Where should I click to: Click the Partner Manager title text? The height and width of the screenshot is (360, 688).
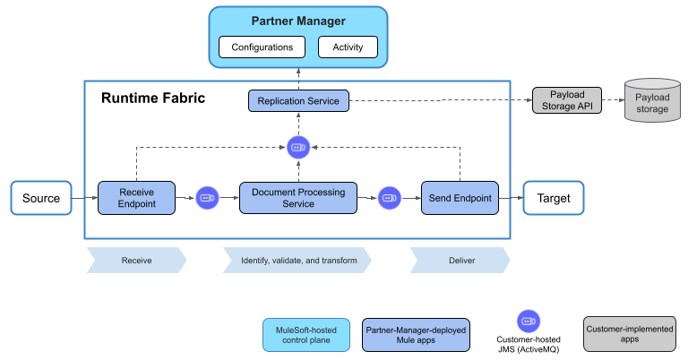(x=298, y=21)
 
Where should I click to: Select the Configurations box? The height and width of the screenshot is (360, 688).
(x=262, y=47)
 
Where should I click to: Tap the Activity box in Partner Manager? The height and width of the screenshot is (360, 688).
(x=348, y=47)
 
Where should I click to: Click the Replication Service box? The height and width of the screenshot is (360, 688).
(x=298, y=101)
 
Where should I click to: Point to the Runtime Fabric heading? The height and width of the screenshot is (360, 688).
(x=152, y=98)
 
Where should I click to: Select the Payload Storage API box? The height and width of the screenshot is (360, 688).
(x=566, y=101)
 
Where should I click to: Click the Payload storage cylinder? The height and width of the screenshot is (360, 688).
(x=651, y=102)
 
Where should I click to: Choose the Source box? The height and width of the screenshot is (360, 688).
(x=41, y=198)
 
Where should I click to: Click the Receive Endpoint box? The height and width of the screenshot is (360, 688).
(x=137, y=198)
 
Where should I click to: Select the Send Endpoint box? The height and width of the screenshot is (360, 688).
(x=460, y=198)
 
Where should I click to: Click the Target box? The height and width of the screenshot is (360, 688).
(x=553, y=198)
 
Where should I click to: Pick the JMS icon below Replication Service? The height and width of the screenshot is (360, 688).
(x=298, y=148)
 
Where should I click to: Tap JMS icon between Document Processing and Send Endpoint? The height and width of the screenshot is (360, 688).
(x=389, y=198)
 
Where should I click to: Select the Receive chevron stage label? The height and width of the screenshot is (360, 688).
(x=136, y=261)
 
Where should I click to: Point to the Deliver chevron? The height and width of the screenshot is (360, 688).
(x=460, y=261)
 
